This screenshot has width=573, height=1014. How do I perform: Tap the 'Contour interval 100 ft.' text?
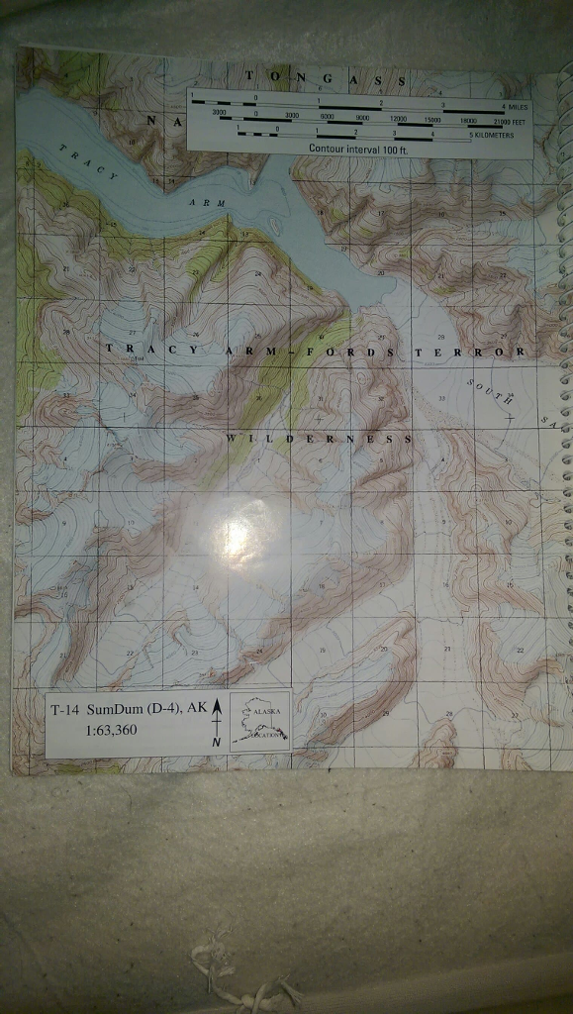pyautogui.click(x=357, y=148)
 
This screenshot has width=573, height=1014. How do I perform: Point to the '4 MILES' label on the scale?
pyautogui.click(x=516, y=104)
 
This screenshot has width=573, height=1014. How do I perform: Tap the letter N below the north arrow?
pyautogui.click(x=216, y=743)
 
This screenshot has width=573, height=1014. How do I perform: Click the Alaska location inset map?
pyautogui.click(x=259, y=720)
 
